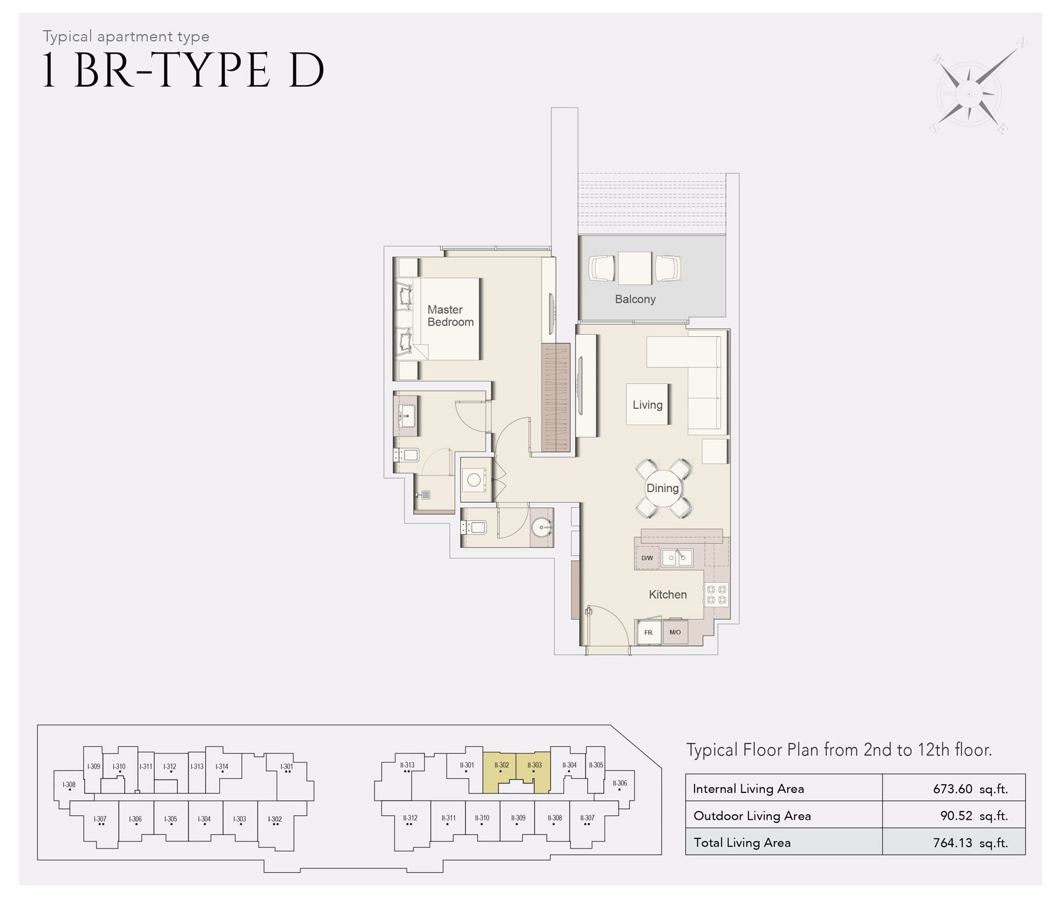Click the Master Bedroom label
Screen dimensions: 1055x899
[x=450, y=316]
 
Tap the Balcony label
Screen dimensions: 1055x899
[x=635, y=299]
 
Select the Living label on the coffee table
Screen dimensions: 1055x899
[x=647, y=404]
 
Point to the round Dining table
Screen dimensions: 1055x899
[x=663, y=488]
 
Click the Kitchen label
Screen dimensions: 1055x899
[x=668, y=594]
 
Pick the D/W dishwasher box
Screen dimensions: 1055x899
[x=647, y=558]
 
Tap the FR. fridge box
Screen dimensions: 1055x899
[x=649, y=633]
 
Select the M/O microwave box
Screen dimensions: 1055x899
[x=675, y=632]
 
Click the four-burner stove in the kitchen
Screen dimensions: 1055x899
[x=716, y=595]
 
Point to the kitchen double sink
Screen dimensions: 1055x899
[x=677, y=558]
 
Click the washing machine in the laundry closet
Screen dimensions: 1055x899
[x=475, y=480]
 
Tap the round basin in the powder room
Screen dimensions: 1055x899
[x=541, y=527]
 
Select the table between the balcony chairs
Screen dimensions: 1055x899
[x=635, y=268]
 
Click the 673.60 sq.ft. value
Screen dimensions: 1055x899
[x=970, y=788]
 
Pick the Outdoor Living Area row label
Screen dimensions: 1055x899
[x=752, y=816]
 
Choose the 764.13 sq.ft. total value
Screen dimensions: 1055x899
[x=970, y=843]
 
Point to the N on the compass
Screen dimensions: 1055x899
[x=1022, y=43]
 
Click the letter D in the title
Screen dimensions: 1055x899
[x=307, y=70]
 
